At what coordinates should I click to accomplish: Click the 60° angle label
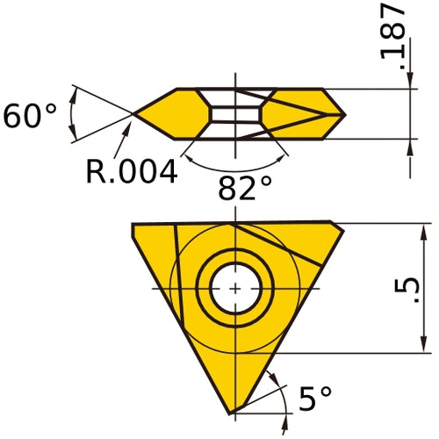click(30, 116)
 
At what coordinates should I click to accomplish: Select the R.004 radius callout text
click(132, 170)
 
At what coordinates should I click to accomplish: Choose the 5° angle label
click(315, 399)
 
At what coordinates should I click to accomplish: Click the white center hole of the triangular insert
click(235, 288)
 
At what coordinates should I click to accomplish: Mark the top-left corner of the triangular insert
click(133, 225)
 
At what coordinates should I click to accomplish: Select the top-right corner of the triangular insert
click(342, 225)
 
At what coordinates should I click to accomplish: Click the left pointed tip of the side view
click(134, 113)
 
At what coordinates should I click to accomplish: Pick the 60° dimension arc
click(72, 113)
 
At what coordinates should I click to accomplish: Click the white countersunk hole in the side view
click(235, 114)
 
